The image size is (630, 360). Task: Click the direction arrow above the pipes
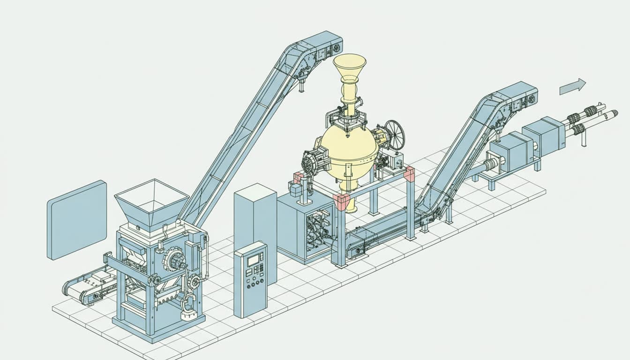click(x=573, y=86)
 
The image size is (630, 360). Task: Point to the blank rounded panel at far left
click(x=76, y=219)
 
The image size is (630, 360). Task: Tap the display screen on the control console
click(x=255, y=259)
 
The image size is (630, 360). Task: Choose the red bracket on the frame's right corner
click(x=409, y=173)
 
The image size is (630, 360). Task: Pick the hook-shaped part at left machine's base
click(x=188, y=304)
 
